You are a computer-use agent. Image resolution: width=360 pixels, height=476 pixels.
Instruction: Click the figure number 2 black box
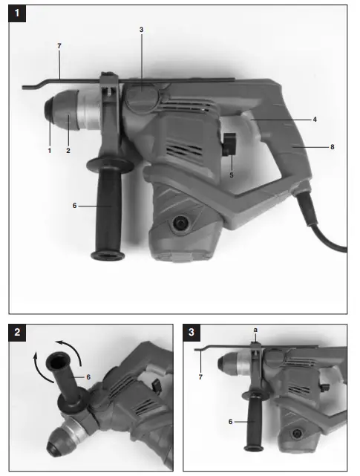coord(19,333)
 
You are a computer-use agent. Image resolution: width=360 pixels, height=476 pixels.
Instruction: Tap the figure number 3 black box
coord(193,333)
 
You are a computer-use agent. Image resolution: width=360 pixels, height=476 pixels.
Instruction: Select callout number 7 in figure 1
coord(59,46)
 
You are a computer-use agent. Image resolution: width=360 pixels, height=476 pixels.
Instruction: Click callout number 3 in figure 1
coord(140,30)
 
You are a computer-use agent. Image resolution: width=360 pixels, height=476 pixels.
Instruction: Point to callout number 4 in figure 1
coord(315,118)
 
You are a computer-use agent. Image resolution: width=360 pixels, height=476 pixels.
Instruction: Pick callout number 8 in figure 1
coord(333,147)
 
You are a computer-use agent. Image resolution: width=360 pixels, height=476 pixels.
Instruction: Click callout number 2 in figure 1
coord(68,151)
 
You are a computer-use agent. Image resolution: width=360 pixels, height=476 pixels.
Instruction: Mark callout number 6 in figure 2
coord(88,377)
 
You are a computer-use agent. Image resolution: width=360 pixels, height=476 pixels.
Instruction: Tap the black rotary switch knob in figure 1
coord(229,142)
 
